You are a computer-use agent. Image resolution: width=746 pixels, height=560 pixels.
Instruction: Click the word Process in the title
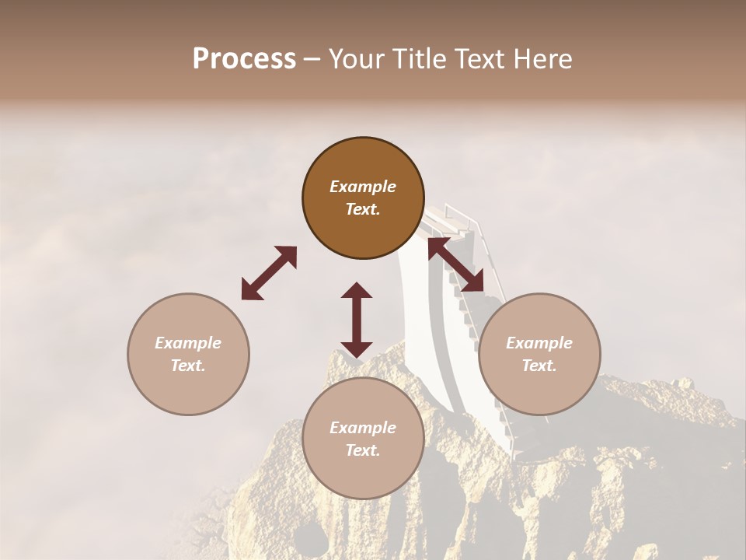244,59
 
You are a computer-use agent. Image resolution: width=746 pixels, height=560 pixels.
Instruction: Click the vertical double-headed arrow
357,320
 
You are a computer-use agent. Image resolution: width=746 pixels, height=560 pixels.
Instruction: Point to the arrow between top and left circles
269,273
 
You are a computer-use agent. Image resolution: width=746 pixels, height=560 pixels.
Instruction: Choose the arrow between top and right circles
456,265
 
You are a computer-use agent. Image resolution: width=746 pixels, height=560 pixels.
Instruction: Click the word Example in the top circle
363,187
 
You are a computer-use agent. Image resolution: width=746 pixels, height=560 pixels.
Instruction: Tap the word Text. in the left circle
188,366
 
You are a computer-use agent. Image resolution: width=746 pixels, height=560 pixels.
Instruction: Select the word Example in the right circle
539,343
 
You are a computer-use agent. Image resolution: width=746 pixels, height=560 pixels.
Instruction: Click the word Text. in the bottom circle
363,450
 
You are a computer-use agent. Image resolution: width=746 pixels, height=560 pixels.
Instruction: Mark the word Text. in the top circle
363,209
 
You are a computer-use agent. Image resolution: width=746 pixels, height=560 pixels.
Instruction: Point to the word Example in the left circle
188,343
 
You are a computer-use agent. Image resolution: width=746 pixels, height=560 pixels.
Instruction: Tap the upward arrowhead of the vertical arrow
357,292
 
